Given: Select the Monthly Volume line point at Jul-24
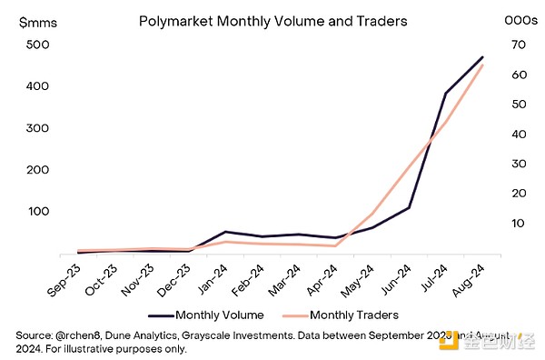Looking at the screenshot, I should point(445,93).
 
